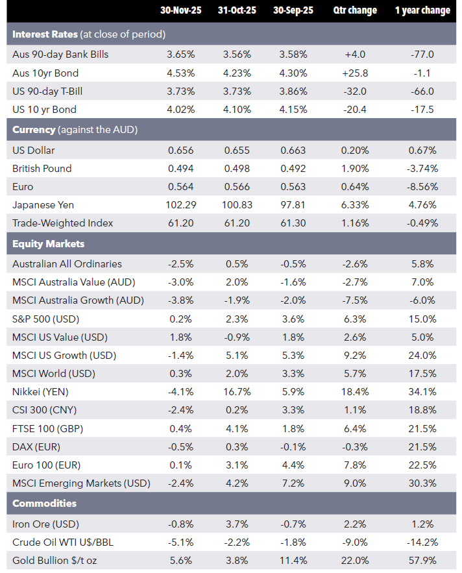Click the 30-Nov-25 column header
(180, 10)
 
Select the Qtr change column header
(355, 10)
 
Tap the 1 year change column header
(422, 10)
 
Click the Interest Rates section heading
(45, 34)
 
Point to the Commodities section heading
(45, 503)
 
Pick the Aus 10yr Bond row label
(45, 73)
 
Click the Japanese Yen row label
(43, 204)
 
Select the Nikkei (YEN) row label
(40, 392)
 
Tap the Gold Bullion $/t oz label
(55, 561)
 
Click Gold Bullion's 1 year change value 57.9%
(422, 561)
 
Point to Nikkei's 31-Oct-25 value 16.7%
(237, 392)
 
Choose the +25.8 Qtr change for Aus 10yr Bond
(355, 73)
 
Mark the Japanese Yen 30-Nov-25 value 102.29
(180, 204)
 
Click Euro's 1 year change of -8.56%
(422, 187)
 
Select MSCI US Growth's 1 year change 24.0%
(422, 355)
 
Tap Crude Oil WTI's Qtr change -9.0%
(355, 543)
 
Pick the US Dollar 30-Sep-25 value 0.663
(293, 150)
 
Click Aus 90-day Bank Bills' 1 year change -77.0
(422, 55)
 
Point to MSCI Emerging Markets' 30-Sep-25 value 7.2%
(293, 483)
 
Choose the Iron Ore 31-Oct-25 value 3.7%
(237, 524)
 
